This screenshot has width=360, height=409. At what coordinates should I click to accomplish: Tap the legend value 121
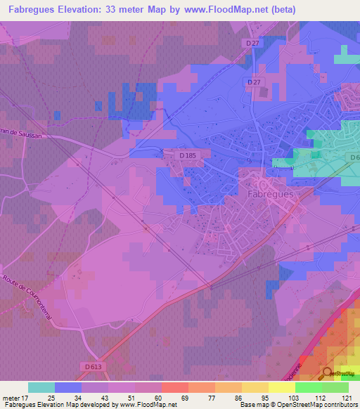click(348, 397)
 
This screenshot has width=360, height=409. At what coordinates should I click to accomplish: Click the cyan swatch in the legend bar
click(41, 387)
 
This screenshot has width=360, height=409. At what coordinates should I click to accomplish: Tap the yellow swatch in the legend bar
click(281, 387)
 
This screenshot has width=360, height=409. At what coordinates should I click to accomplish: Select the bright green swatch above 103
click(308, 387)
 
